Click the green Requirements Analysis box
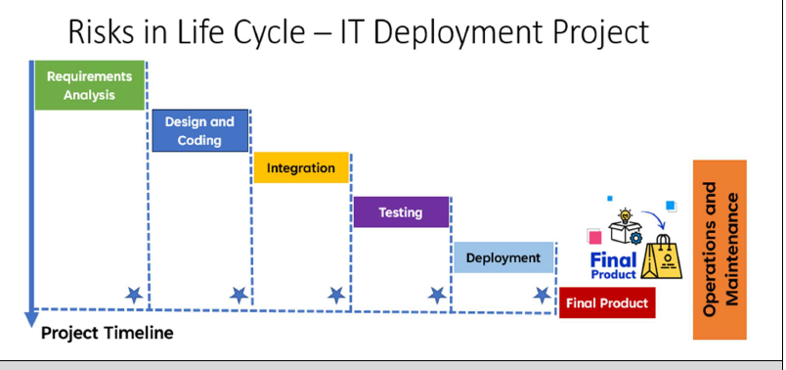click(x=90, y=85)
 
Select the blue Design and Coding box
click(x=199, y=130)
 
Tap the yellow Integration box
click(x=301, y=167)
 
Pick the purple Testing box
click(x=401, y=212)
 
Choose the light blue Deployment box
click(x=502, y=257)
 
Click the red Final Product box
click(x=606, y=303)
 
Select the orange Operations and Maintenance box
click(x=720, y=249)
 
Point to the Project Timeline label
click(x=107, y=333)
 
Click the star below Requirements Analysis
click(x=134, y=295)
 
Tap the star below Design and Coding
click(x=238, y=295)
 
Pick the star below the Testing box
click(x=437, y=295)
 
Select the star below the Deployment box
click(x=541, y=295)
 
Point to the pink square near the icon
click(x=593, y=236)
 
